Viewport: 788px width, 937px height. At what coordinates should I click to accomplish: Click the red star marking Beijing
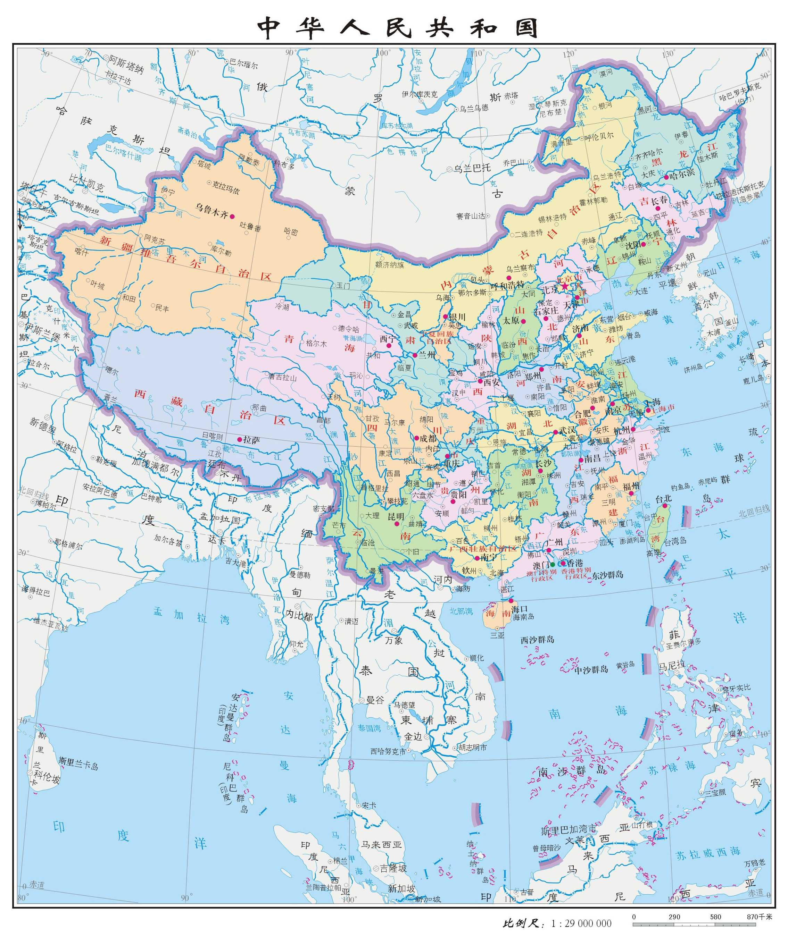(565, 286)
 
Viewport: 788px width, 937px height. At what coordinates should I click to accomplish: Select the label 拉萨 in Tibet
(251, 440)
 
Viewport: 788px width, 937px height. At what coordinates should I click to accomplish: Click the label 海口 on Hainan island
(520, 609)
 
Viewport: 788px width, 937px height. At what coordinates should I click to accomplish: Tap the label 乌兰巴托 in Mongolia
(473, 168)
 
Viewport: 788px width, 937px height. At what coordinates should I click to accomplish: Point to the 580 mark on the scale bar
(715, 917)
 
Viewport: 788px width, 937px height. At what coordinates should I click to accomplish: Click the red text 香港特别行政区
(576, 574)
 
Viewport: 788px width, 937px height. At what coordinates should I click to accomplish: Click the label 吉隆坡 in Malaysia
(393, 868)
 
